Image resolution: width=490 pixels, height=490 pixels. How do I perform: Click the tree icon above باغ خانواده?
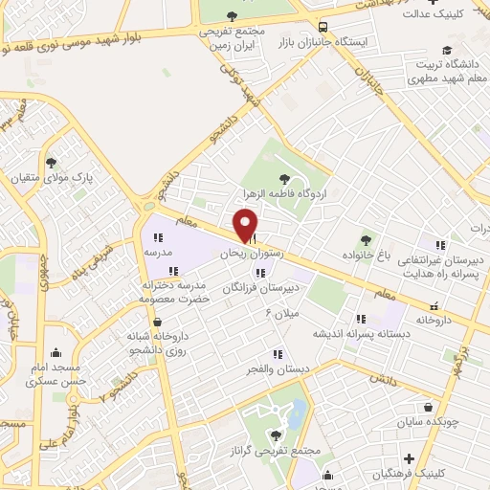click(365, 239)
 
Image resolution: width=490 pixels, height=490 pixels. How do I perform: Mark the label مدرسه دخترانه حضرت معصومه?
click(148, 292)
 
